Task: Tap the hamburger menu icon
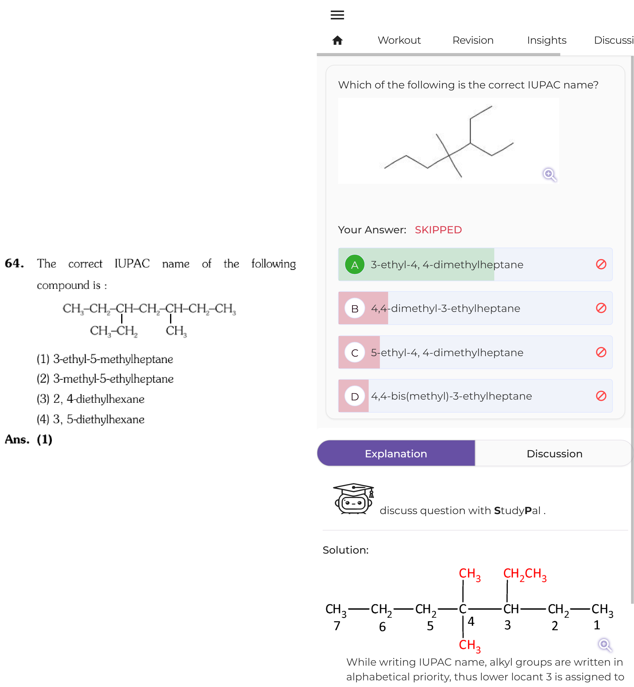tap(337, 15)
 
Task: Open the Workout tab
tap(399, 40)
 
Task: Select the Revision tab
tap(473, 40)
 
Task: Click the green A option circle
tap(355, 265)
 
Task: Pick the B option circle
tap(355, 308)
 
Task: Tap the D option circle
tap(355, 396)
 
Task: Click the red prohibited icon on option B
tap(601, 308)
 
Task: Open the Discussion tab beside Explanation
tap(554, 453)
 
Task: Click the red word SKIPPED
tap(438, 230)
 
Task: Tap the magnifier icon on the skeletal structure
tap(549, 175)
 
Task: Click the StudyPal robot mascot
tap(354, 498)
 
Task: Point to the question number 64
tap(14, 263)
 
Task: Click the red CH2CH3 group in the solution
tap(525, 575)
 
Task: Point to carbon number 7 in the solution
tap(337, 626)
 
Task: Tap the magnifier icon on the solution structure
tap(605, 645)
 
